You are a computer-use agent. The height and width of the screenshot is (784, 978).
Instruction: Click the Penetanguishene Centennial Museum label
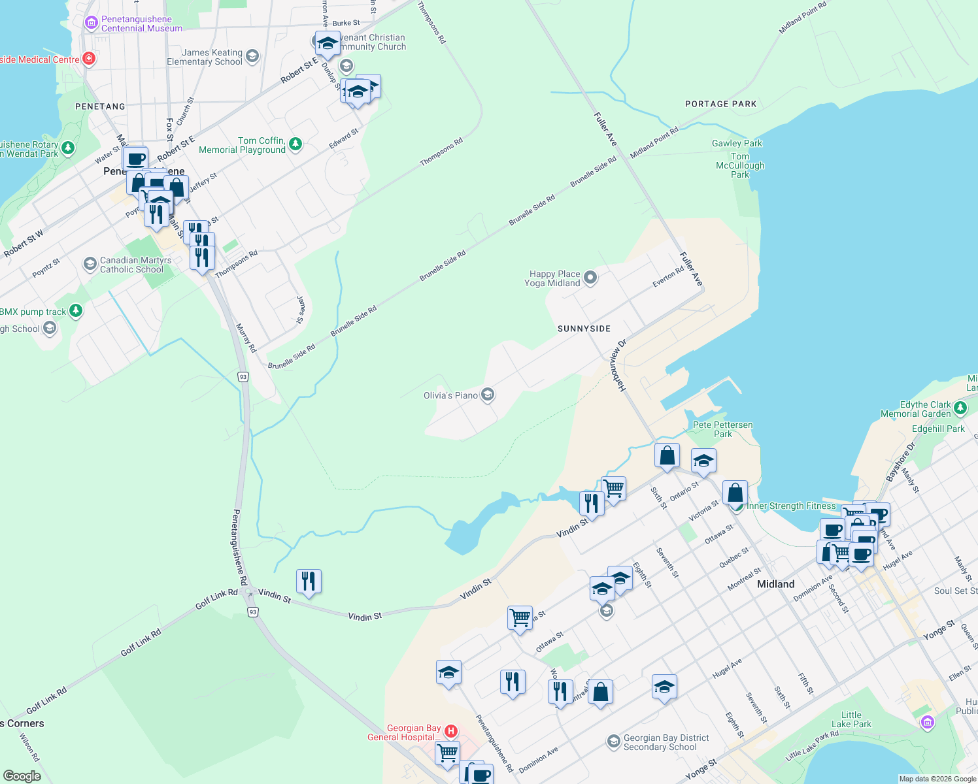141,24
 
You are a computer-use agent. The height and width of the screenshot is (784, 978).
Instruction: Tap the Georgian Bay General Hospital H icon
450,730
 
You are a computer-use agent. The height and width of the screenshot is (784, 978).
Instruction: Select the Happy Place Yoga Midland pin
590,278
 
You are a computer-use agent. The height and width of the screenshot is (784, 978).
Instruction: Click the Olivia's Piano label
450,395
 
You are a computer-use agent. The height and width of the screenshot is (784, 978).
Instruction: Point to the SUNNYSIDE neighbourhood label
584,329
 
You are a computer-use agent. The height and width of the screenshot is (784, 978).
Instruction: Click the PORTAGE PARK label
720,104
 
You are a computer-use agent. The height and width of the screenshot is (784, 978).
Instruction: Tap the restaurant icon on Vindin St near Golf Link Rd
309,581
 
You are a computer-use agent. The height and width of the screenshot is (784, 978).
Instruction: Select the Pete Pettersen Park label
722,429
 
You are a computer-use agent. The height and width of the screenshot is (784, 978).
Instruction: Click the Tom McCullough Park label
740,165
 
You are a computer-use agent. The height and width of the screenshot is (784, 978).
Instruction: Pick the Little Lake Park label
851,719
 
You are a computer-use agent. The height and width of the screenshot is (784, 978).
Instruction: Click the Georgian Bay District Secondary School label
666,742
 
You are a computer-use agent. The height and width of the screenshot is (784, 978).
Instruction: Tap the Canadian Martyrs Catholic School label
135,265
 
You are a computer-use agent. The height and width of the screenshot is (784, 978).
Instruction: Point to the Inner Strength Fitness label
791,506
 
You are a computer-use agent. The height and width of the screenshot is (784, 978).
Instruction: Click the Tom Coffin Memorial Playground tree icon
295,144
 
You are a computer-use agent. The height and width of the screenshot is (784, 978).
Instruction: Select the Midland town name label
775,584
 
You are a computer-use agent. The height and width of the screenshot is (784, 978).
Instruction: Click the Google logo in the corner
22,776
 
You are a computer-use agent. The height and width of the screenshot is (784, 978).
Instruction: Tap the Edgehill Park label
938,429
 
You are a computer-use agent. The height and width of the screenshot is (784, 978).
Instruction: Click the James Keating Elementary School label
205,57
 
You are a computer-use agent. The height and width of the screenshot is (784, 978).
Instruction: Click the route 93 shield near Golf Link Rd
253,612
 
